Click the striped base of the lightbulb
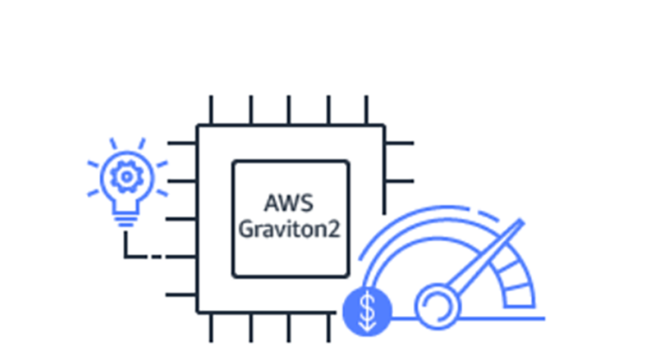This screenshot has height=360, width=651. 125,218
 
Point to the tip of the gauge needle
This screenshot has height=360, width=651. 517,224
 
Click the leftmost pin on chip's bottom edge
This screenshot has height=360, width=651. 210,326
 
